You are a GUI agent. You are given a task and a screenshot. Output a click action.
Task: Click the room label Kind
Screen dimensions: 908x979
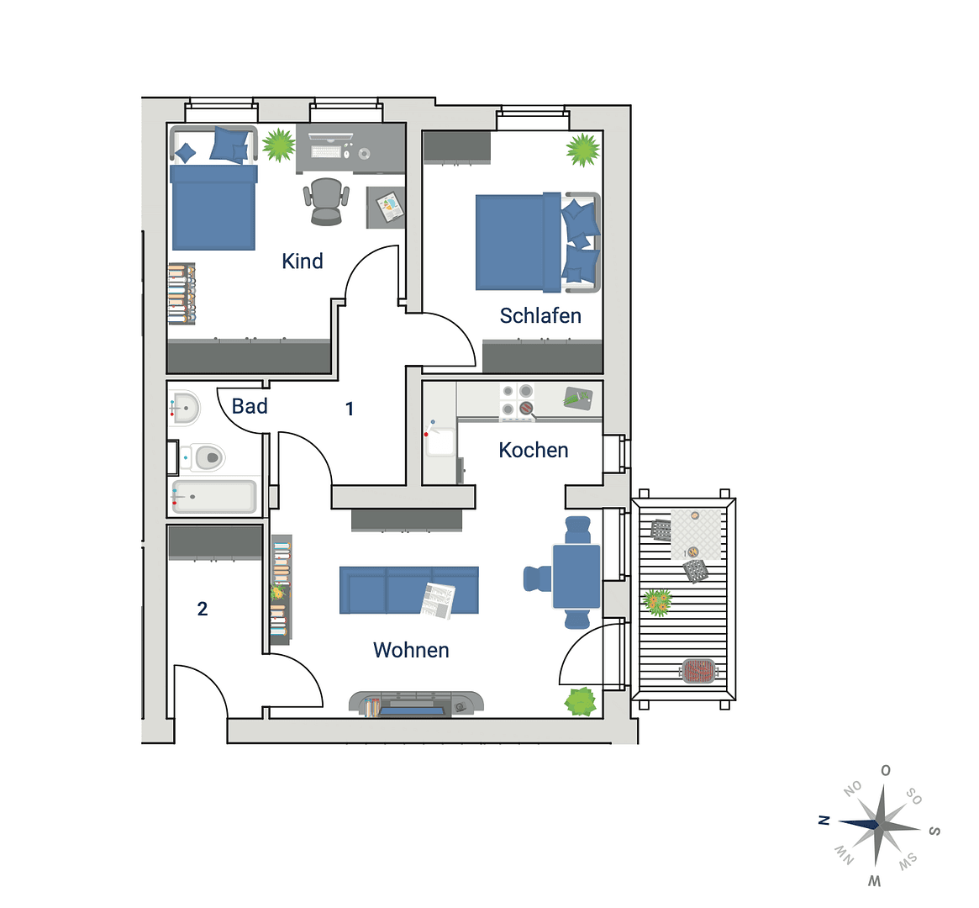point(303,261)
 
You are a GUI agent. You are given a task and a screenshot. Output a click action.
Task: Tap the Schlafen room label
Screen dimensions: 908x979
point(540,316)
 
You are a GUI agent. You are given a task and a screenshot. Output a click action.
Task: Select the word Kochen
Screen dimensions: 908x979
point(534,451)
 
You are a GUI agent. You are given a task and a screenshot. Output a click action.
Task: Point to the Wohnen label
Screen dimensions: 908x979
point(411,650)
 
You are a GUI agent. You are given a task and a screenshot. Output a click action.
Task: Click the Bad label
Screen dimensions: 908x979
point(250,407)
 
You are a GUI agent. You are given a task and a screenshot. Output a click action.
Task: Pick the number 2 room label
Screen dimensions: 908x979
point(203,609)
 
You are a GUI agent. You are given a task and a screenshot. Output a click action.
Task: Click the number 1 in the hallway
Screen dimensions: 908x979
point(350,409)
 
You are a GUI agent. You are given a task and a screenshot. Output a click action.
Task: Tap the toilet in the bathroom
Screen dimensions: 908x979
point(205,457)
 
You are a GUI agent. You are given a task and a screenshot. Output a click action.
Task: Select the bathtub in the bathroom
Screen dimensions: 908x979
point(213,497)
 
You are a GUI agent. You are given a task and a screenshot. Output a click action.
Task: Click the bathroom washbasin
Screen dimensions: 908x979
point(185,409)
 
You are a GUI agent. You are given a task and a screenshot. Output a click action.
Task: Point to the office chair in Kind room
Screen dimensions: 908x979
point(326,201)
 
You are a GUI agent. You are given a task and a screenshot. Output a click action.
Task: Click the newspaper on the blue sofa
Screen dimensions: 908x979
point(438,599)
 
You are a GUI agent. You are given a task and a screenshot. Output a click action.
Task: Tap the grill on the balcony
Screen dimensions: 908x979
point(699,671)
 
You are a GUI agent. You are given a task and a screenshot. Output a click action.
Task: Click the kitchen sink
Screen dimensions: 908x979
point(440,441)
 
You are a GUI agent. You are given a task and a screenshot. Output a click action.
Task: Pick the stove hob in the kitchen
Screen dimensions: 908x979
point(517,400)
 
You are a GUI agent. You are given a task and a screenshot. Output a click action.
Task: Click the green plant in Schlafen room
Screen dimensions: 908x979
point(582,150)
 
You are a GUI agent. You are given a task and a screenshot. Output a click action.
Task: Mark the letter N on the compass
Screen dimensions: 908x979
point(824,821)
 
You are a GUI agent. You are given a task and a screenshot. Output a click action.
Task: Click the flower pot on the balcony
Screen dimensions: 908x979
point(657,602)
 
